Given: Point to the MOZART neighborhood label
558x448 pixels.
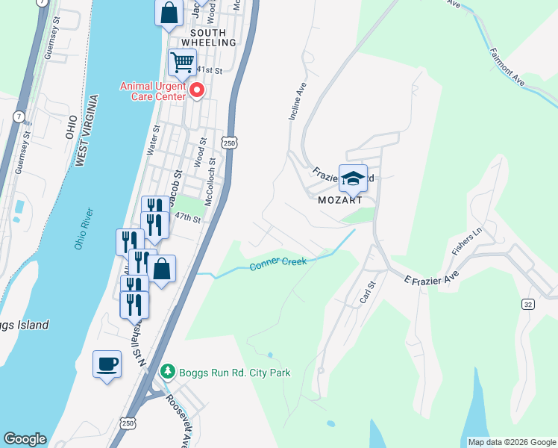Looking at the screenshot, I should point(339,201).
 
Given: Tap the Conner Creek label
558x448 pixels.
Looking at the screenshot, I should point(279,264).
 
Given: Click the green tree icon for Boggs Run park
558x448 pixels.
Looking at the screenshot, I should point(169,371).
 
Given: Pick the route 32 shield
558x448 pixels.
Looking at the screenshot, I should point(528,304).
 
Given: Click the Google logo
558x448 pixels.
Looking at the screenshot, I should point(25,439).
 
